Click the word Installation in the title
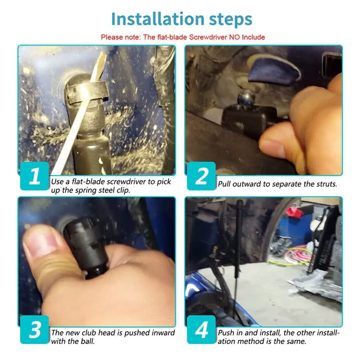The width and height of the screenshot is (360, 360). tap(158, 19)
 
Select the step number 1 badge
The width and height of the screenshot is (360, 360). tap(35, 176)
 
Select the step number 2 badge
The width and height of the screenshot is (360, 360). tap(201, 176)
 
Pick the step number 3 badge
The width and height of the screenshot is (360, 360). tap(35, 329)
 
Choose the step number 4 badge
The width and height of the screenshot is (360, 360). tap(201, 329)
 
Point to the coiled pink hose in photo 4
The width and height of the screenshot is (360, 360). tap(296, 255)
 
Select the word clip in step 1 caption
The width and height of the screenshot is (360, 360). tap(123, 190)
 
